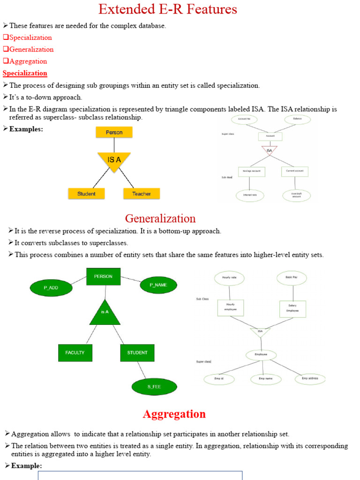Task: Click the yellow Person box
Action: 114,132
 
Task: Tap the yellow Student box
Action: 86,194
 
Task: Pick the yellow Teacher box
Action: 141,194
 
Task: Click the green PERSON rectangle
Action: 103,277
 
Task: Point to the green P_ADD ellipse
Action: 51,288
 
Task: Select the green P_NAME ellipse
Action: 158,285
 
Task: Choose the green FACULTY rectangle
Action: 75,352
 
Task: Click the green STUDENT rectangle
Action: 137,352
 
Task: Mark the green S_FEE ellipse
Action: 154,387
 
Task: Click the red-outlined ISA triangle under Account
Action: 269,150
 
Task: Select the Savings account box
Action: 251,172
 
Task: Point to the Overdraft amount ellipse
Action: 296,195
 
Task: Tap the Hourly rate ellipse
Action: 229,278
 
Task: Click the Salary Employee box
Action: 292,309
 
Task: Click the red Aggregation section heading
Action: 174,414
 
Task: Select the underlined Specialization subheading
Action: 25,73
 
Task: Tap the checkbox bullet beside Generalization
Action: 6,49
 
